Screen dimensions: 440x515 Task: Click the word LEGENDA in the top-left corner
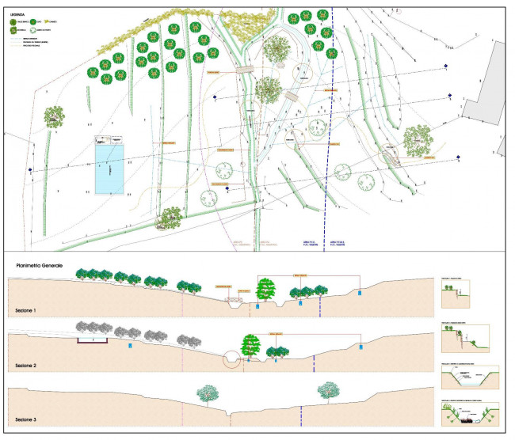[x=19, y=13]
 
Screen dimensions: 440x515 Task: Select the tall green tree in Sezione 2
[x=251, y=346]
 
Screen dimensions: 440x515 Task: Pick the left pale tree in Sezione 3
[x=208, y=393]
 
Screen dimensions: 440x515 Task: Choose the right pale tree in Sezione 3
[x=329, y=390]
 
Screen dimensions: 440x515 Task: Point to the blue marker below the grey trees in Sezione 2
[x=129, y=345]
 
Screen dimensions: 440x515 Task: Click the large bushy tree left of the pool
[x=54, y=117]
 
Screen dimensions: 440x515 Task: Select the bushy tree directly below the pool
[x=171, y=218]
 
